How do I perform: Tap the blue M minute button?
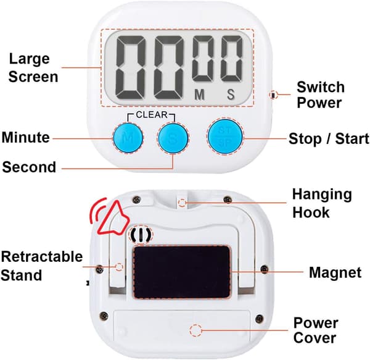128,138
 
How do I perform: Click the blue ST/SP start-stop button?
225,137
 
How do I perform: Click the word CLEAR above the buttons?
152,115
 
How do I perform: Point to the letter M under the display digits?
199,94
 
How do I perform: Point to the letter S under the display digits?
231,94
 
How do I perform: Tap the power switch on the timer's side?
273,95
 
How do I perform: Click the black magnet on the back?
182,272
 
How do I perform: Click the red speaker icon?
110,218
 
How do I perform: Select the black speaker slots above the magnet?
141,235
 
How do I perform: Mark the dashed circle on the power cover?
195,330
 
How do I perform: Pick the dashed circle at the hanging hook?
182,203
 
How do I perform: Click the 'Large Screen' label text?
33,68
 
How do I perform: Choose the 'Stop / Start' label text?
329,138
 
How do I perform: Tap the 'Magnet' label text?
335,272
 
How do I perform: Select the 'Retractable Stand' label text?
41,266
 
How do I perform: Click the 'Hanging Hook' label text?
322,203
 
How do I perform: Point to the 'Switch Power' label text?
321,94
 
